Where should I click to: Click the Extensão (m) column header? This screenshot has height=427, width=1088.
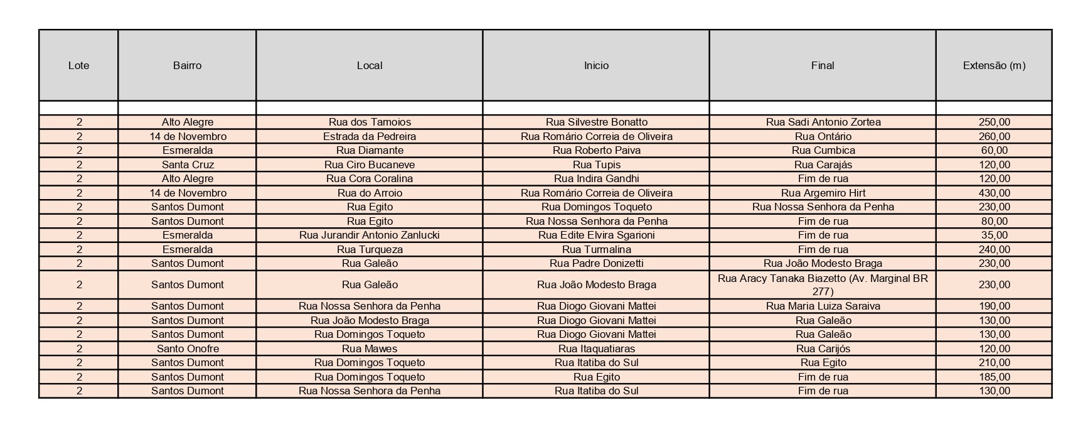click(x=994, y=65)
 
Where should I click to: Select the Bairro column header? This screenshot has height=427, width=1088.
click(x=187, y=65)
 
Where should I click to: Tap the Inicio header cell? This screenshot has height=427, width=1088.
click(x=596, y=65)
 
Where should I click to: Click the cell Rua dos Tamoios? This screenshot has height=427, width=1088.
click(x=370, y=122)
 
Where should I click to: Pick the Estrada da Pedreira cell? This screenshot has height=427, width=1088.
click(x=370, y=136)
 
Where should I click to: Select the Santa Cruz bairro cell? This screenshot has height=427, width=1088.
click(x=187, y=165)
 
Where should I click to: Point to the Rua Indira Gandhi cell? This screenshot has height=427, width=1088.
click(x=596, y=178)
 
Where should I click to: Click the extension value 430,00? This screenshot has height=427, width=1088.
click(x=994, y=193)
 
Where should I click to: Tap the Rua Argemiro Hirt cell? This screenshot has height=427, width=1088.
click(x=823, y=193)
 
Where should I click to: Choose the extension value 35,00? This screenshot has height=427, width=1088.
click(x=994, y=235)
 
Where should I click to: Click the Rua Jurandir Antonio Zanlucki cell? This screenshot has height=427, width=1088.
click(x=370, y=235)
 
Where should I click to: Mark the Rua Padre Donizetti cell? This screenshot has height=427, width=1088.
click(x=596, y=263)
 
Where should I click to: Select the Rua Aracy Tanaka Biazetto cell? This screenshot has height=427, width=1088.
click(x=823, y=284)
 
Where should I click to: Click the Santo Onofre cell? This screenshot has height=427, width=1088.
click(x=187, y=349)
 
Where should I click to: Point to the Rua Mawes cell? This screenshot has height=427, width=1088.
click(x=370, y=349)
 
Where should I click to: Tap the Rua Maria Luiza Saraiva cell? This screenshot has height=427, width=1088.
click(x=823, y=306)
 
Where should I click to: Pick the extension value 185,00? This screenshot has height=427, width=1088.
click(x=994, y=377)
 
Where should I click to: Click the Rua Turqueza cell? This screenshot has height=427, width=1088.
click(x=370, y=249)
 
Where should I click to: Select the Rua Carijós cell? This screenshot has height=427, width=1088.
click(x=823, y=349)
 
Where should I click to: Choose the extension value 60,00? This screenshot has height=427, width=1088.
click(x=994, y=150)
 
